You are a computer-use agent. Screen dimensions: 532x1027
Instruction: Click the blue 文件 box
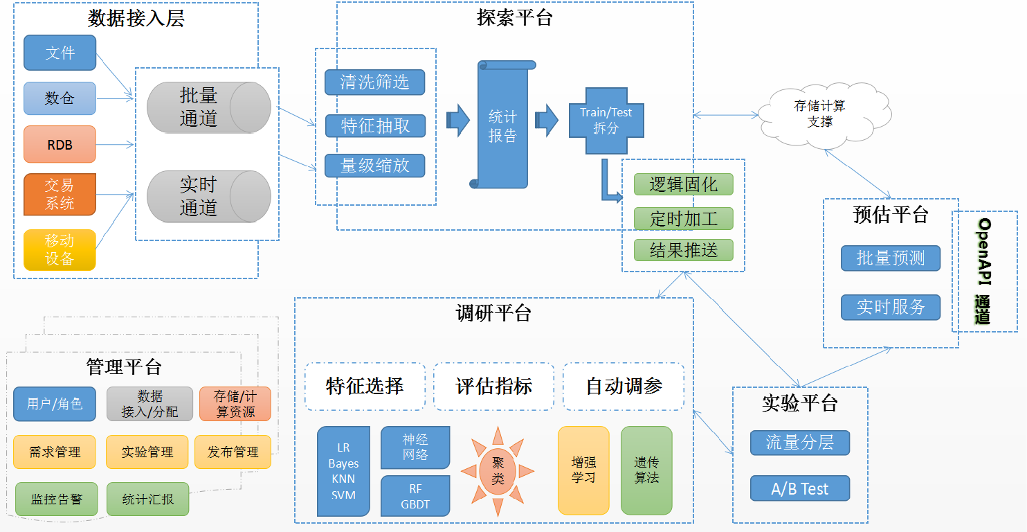[60, 53]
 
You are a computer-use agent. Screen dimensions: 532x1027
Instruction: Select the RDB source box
[60, 144]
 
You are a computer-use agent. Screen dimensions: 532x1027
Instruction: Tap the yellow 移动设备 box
[60, 250]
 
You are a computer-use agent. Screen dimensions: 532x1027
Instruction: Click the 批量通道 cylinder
[208, 107]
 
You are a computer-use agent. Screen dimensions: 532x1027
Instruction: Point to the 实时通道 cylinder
[208, 196]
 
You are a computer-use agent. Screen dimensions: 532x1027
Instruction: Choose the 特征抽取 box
[375, 126]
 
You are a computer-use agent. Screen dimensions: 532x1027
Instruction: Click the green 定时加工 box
[683, 219]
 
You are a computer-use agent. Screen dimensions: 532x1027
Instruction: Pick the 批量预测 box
[891, 258]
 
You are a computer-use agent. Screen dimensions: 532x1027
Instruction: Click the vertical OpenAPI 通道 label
[984, 271]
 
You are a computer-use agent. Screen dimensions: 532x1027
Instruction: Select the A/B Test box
[799, 489]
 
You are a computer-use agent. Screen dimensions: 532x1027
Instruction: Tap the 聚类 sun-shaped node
[498, 471]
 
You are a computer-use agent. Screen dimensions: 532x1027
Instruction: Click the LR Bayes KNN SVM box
[343, 471]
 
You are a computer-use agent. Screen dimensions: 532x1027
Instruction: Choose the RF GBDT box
[415, 497]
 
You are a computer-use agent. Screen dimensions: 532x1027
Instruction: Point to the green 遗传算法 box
[646, 470]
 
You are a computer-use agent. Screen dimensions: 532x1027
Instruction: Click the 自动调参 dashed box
[624, 387]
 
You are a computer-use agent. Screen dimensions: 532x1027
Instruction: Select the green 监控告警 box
[57, 499]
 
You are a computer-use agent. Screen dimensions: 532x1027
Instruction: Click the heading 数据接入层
[136, 19]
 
